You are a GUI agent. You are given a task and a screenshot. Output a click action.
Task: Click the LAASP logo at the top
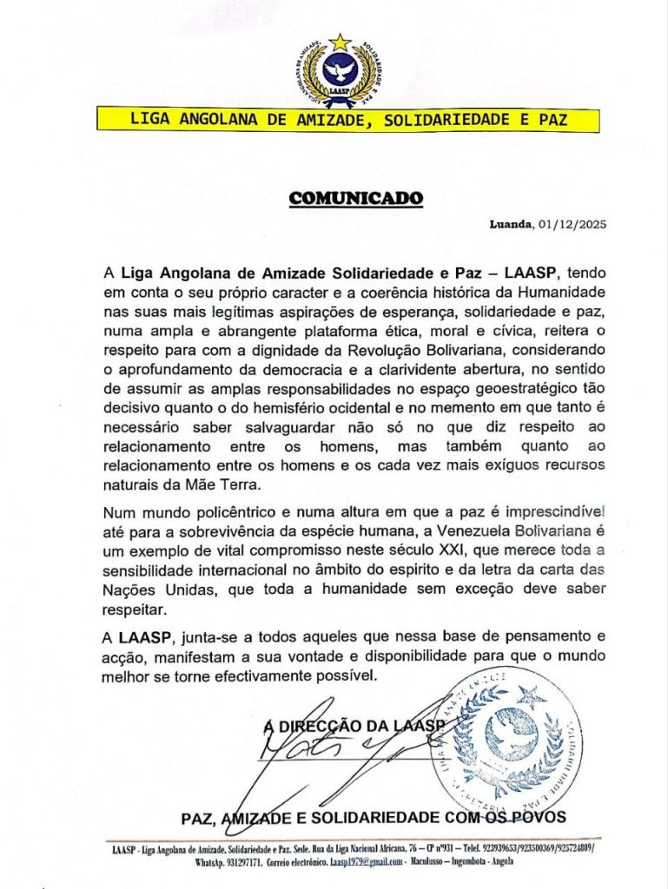(334, 74)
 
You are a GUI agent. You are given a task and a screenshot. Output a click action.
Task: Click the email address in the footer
(365, 862)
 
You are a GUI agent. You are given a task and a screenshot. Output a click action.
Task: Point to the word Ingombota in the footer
(466, 862)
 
